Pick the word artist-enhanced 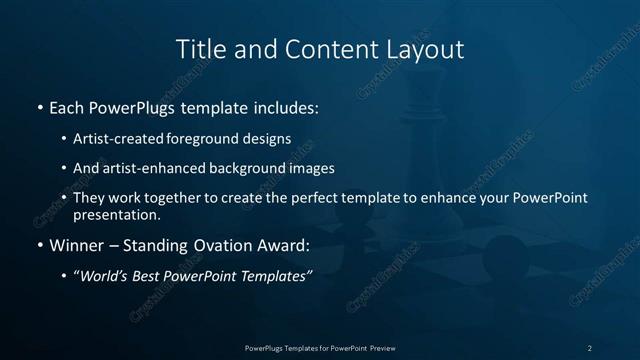click(x=154, y=168)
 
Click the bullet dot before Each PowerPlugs click(x=39, y=106)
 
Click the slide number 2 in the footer click(x=590, y=348)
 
